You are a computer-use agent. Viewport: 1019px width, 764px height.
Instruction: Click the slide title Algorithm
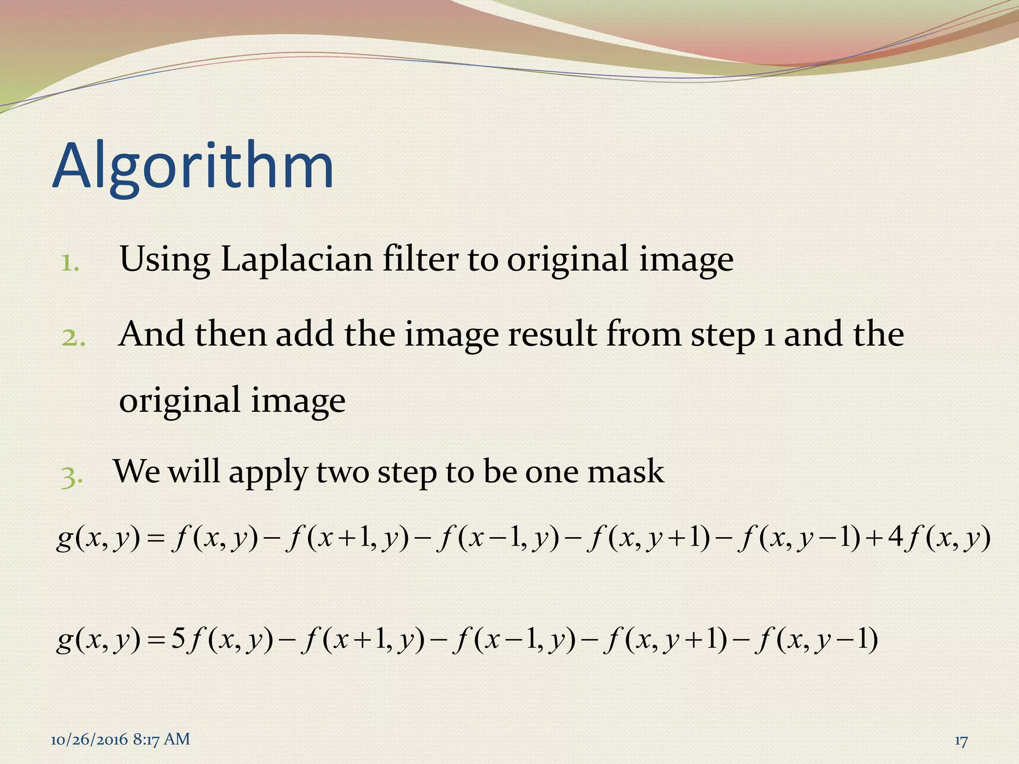(193, 167)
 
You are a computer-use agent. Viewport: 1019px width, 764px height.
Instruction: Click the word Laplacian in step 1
(296, 259)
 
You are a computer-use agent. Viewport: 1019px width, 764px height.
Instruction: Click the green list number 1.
(70, 263)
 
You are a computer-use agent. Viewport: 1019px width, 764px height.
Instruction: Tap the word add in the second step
(306, 334)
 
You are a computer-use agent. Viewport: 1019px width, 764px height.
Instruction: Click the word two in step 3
(343, 472)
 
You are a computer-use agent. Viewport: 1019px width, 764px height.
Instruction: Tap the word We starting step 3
(137, 471)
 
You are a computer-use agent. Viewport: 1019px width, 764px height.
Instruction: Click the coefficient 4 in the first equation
(896, 538)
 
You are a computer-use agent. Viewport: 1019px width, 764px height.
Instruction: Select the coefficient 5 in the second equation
(178, 639)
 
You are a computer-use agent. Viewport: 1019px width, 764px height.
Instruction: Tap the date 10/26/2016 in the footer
(89, 740)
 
